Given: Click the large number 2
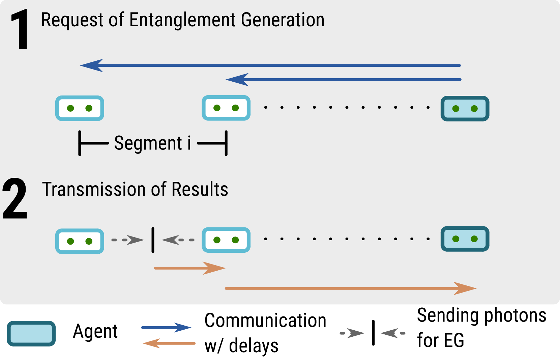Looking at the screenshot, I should point(15,199).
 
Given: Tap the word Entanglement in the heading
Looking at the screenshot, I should point(182,20).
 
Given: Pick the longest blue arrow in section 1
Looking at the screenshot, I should point(270,65).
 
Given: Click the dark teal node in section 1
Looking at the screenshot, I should point(465,109).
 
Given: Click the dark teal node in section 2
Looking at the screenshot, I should point(465,239).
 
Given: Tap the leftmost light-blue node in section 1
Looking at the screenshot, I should point(80,108).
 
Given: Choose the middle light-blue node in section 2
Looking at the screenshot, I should point(226,240).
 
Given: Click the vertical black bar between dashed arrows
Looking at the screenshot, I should point(153,240).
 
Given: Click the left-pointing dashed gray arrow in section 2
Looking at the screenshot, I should point(178,240).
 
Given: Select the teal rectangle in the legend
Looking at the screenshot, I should point(31,334).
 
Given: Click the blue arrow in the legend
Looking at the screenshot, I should point(166,327).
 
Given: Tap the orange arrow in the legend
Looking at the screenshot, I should point(169,343).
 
